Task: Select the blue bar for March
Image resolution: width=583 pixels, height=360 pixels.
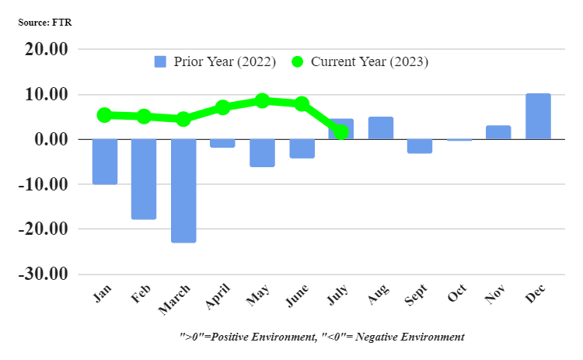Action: [x=183, y=190]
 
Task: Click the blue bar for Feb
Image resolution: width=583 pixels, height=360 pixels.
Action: [x=144, y=179]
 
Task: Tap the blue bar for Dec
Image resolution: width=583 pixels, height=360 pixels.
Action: [x=538, y=117]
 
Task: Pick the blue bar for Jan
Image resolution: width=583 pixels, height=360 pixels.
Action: [x=104, y=162]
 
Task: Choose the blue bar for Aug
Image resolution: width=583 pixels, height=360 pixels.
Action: [x=380, y=128]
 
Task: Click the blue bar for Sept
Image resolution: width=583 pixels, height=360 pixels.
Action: [x=420, y=146]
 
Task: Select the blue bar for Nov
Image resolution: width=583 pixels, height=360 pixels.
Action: [x=498, y=132]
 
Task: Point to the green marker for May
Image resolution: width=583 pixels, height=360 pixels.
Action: [x=262, y=100]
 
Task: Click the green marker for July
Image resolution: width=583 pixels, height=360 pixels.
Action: [x=340, y=132]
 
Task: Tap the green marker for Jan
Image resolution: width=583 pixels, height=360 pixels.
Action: [x=104, y=115]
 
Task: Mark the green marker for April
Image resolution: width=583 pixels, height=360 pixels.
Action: [x=222, y=107]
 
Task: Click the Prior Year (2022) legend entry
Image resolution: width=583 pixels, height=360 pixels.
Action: [x=215, y=61]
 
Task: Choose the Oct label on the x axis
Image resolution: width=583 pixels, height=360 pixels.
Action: [x=458, y=295]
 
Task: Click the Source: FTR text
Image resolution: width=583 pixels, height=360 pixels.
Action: [x=45, y=23]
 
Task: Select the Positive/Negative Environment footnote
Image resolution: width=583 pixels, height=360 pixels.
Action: [x=321, y=337]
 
